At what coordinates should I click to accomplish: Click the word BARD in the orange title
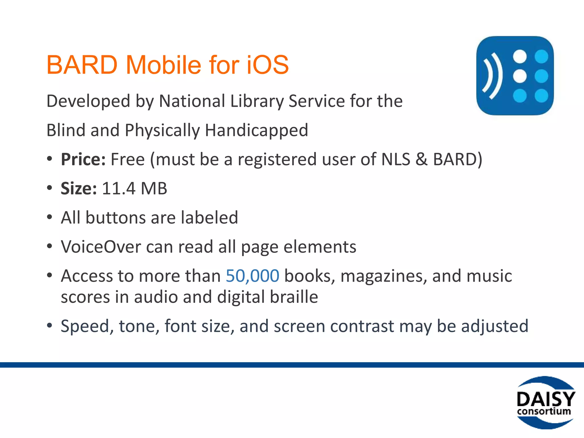pyautogui.click(x=82, y=65)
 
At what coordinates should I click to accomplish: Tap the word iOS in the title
pyautogui.click(x=267, y=65)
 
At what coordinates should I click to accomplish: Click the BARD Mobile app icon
pyautogui.click(x=515, y=76)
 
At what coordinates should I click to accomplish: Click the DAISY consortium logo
pyautogui.click(x=546, y=402)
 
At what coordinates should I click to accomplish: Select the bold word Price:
pyautogui.click(x=83, y=159)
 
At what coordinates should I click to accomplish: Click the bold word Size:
pyautogui.click(x=79, y=188)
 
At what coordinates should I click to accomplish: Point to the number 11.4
pyautogui.click(x=118, y=188)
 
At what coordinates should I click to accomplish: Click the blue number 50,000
pyautogui.click(x=252, y=276)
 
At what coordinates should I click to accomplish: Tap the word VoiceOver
pyautogui.click(x=101, y=247)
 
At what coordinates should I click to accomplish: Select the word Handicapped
pyautogui.click(x=256, y=130)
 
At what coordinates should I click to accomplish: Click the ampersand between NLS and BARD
pyautogui.click(x=421, y=159)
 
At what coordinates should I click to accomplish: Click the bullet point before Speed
pyautogui.click(x=50, y=325)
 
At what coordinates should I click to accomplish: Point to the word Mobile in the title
pyautogui.click(x=163, y=65)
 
